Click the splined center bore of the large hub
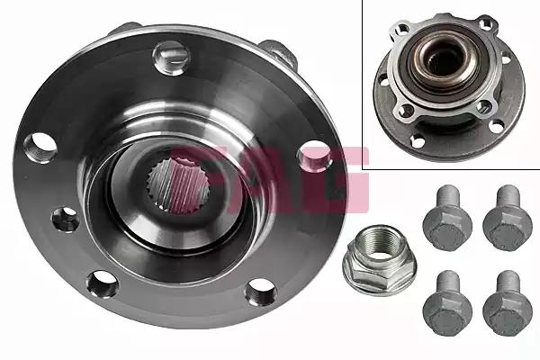point(178,183)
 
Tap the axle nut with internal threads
point(380,259)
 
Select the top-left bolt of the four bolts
point(447,218)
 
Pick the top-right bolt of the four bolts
point(508,218)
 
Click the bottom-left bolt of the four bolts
point(447,303)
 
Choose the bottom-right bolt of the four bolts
point(508,303)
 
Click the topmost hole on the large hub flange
point(172,58)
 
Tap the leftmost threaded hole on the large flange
point(40,148)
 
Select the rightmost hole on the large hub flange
point(315,156)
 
